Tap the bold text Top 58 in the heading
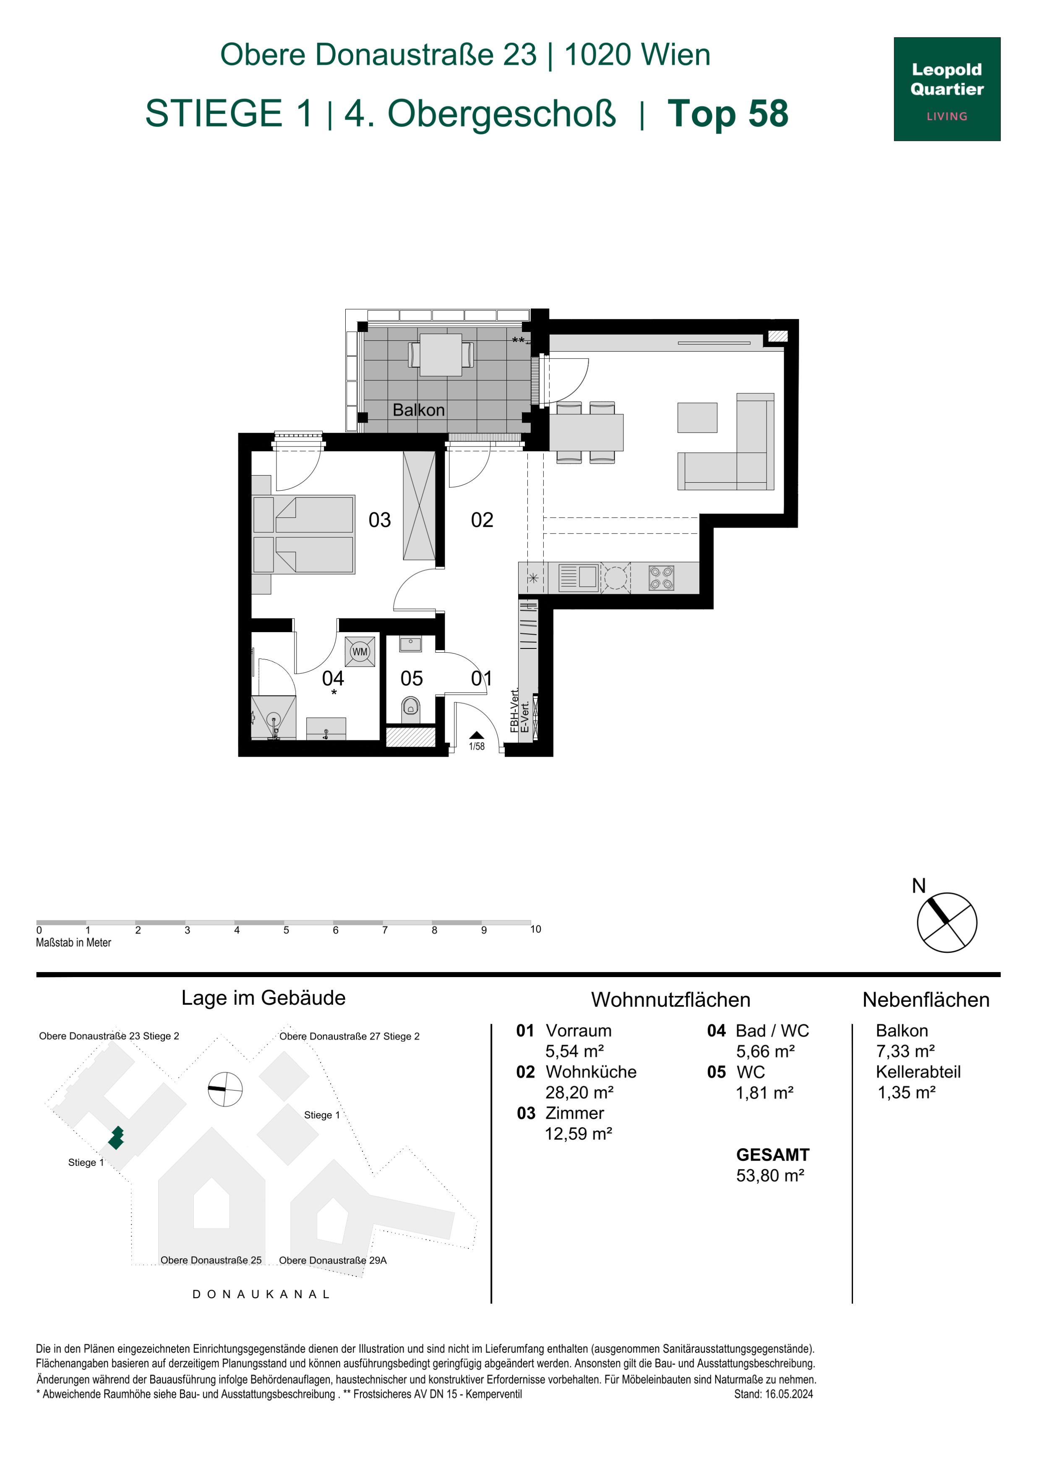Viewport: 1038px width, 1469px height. point(728,114)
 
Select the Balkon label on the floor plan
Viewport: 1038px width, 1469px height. point(418,410)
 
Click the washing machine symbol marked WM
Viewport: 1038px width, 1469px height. point(360,651)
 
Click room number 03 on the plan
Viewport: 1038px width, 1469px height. point(379,520)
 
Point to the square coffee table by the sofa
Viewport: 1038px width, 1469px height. point(697,418)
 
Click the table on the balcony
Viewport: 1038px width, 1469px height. point(441,355)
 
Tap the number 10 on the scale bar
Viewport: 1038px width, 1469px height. point(535,929)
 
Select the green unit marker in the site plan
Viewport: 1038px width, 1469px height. point(116,1137)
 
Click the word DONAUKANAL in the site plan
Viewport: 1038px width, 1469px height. point(261,1294)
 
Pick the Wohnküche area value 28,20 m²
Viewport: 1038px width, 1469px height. point(579,1092)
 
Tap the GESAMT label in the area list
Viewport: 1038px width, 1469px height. point(772,1155)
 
